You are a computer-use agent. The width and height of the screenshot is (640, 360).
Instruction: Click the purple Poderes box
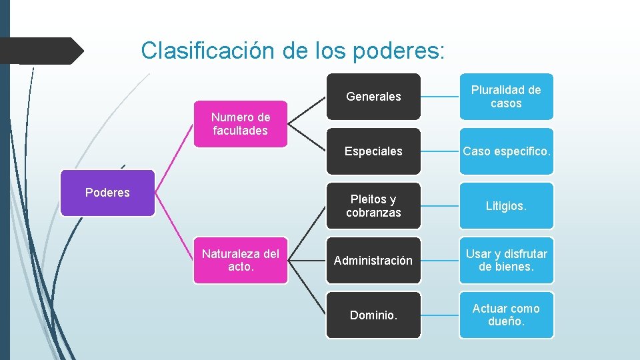(x=107, y=193)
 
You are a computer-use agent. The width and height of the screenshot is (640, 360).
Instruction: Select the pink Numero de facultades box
(x=240, y=124)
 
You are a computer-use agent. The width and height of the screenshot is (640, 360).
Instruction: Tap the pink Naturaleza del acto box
(x=240, y=260)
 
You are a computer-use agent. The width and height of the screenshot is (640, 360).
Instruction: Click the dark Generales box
(x=373, y=97)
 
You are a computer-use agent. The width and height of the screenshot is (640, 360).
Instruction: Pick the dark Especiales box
(x=373, y=151)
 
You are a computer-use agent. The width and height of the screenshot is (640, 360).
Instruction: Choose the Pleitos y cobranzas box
(x=373, y=206)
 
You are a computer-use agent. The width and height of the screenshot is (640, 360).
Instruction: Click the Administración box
(x=373, y=261)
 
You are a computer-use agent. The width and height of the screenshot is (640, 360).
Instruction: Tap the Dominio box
(x=373, y=315)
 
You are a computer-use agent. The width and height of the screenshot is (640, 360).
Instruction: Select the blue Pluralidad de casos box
(x=506, y=97)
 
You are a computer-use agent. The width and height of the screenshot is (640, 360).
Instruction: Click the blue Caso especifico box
(x=506, y=151)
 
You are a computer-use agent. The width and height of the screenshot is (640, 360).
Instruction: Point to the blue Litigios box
(x=506, y=206)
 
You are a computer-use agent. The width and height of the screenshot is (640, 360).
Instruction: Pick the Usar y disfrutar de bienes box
(x=506, y=261)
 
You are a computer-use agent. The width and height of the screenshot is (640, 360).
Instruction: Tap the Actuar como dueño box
(x=506, y=315)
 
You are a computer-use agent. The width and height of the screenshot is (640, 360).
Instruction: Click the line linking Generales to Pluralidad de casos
(x=440, y=97)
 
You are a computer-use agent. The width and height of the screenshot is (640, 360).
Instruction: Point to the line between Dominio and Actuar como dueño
(x=440, y=315)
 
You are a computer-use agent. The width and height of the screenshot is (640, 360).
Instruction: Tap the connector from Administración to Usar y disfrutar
(x=440, y=261)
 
